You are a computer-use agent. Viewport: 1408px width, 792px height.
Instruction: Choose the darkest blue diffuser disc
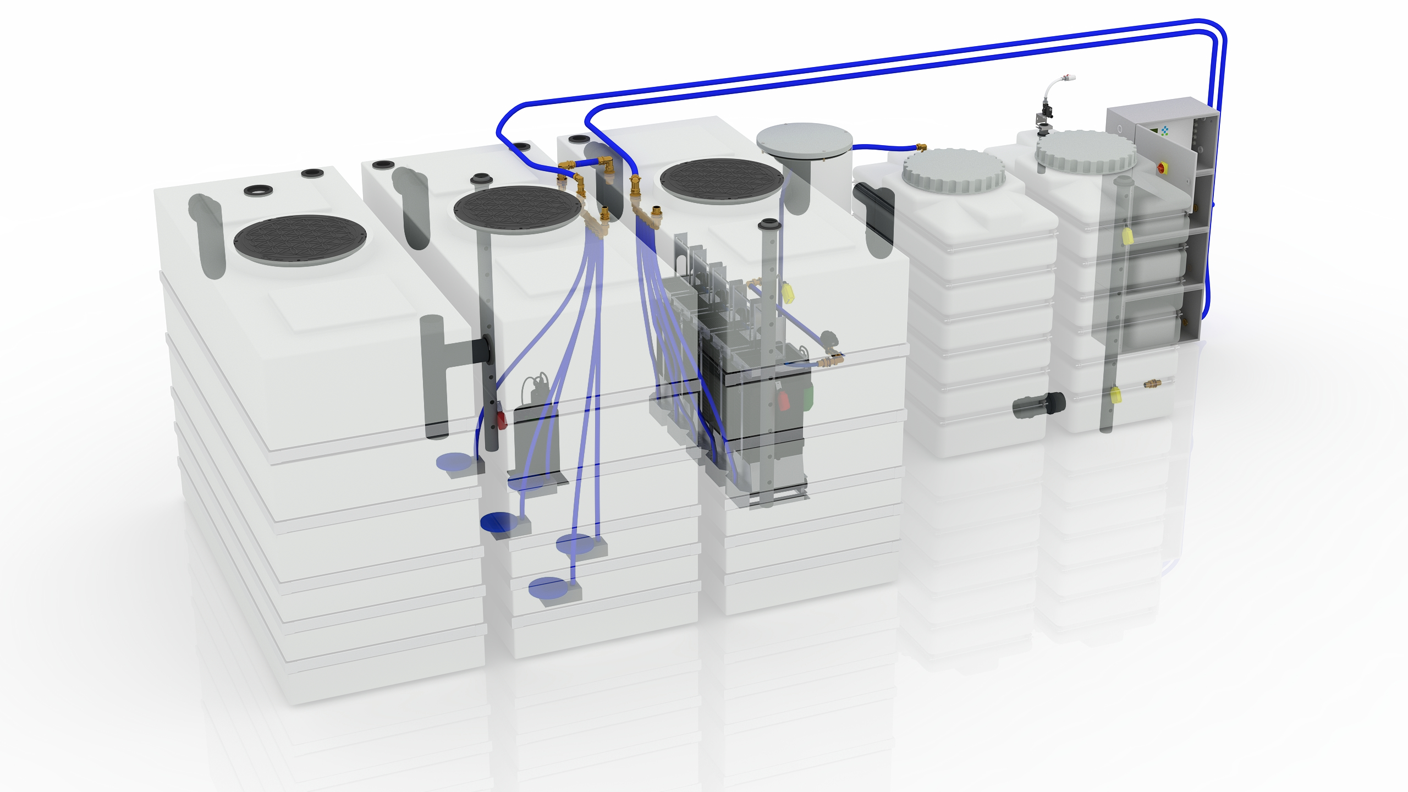pos(498,522)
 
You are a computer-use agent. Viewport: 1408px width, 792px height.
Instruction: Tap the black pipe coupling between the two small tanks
pos(1039,405)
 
